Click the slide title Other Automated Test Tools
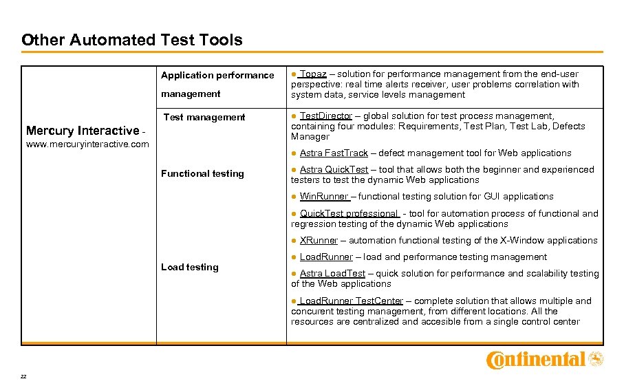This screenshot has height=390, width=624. click(x=131, y=40)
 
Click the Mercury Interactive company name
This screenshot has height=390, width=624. click(x=82, y=131)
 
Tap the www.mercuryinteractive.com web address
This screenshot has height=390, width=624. click(x=87, y=144)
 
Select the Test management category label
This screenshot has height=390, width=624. click(x=204, y=117)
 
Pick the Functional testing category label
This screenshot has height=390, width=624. click(x=202, y=173)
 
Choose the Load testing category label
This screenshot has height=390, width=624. click(x=189, y=267)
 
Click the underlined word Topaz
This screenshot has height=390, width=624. click(x=313, y=74)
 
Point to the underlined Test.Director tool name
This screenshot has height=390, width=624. click(x=325, y=116)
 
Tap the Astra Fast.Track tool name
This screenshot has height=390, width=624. click(x=334, y=153)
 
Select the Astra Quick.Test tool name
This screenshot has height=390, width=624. click(x=334, y=169)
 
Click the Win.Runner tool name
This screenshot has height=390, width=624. click(x=324, y=196)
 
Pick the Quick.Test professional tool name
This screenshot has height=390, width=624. click(x=349, y=213)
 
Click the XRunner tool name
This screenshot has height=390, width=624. click(x=319, y=240)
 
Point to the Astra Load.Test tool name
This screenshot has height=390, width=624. click(x=332, y=273)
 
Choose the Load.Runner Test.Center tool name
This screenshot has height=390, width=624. click(x=351, y=301)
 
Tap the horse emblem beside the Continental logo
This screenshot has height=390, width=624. click(x=596, y=358)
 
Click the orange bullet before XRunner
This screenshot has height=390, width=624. click(x=294, y=240)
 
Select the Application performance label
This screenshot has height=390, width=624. click(x=217, y=75)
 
